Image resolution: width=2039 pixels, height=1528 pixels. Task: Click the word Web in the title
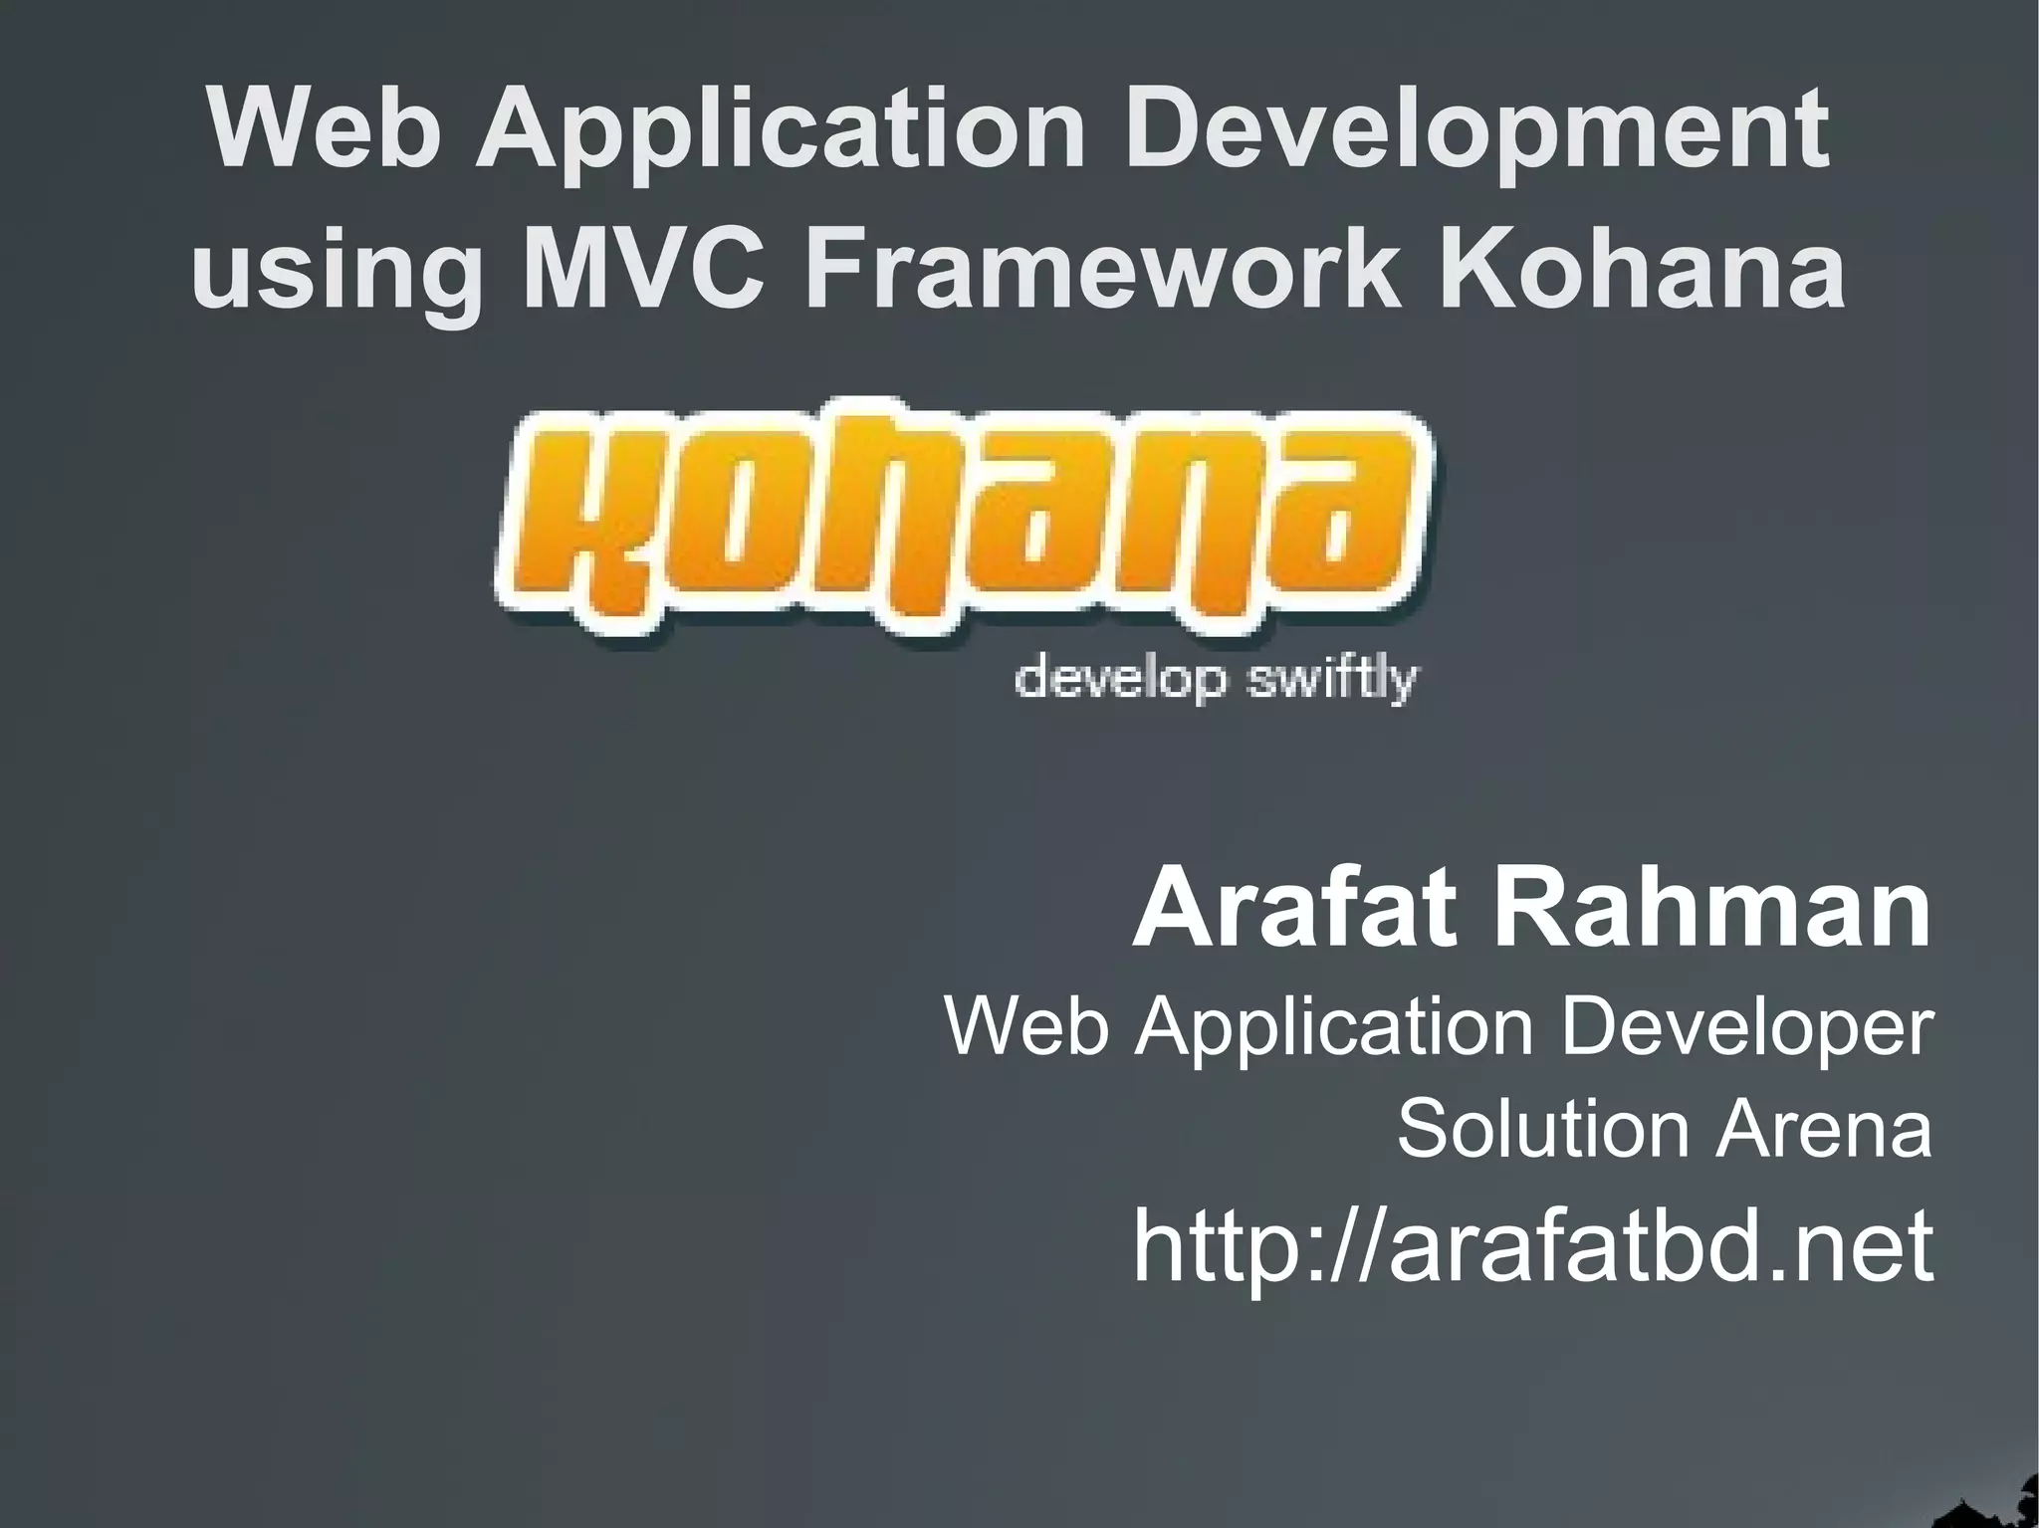coord(325,129)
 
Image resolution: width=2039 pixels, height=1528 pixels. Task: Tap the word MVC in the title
coord(643,269)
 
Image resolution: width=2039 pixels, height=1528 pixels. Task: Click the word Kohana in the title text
coord(1642,269)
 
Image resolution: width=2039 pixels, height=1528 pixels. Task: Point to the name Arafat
coord(1295,909)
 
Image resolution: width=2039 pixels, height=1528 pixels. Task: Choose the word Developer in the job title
coord(1746,1028)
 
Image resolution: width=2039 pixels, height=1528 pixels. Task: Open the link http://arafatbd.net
coord(1532,1246)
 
